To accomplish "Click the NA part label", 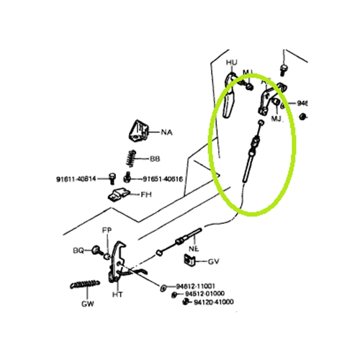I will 166,132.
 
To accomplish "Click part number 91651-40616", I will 161,179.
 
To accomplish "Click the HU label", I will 231,63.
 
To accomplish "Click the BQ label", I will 78,251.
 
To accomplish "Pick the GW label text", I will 86,304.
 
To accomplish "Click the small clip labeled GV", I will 194,261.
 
